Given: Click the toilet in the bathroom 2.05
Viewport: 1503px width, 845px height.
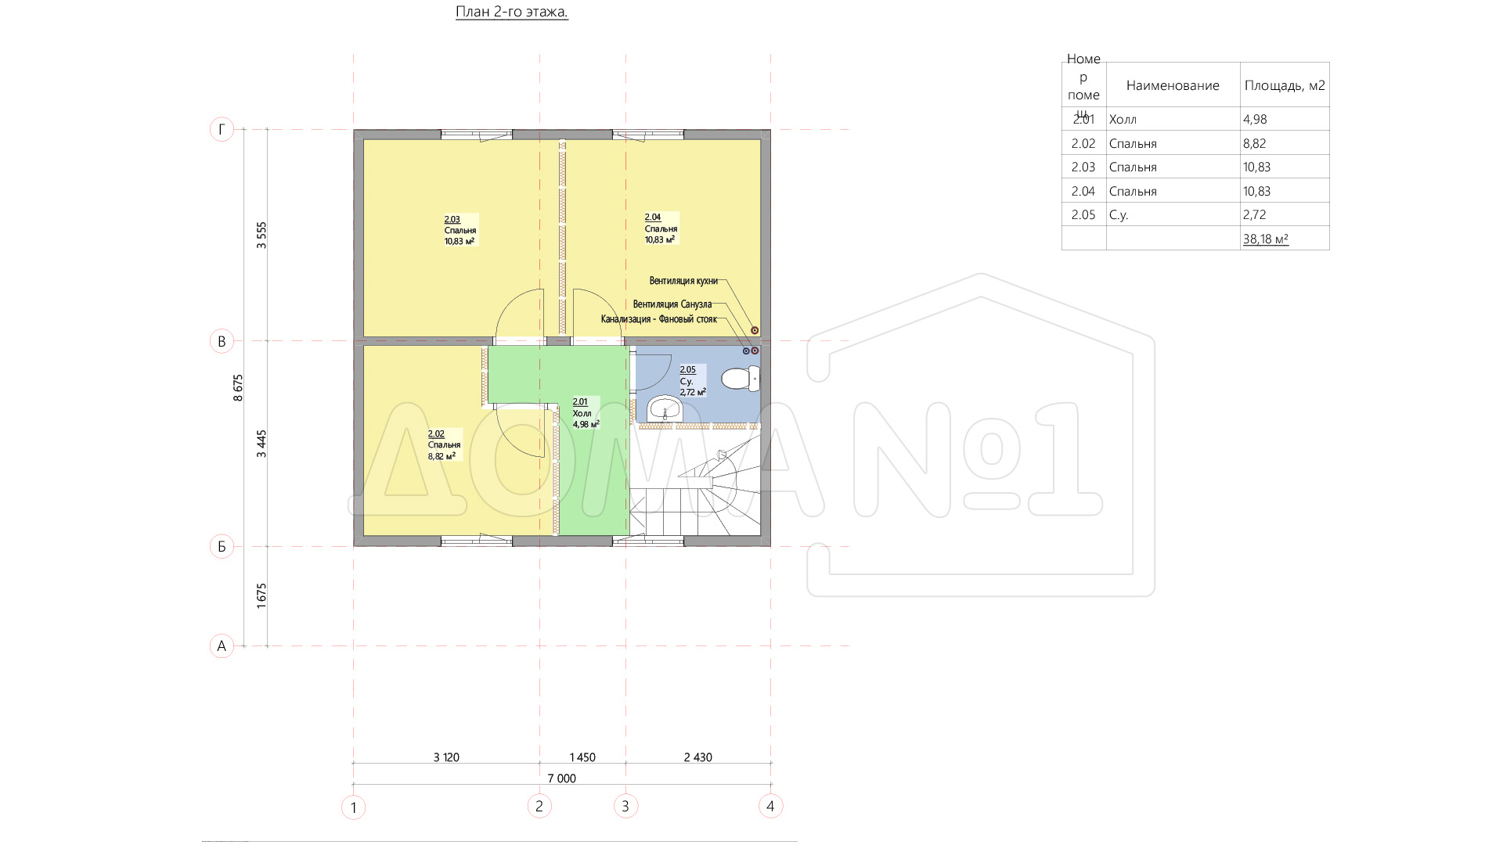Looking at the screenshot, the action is click(740, 379).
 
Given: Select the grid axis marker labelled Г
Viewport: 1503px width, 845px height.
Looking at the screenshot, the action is click(222, 129).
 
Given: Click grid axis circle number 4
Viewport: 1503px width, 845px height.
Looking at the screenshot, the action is click(770, 806).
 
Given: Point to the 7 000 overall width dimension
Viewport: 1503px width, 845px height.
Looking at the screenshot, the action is click(561, 778).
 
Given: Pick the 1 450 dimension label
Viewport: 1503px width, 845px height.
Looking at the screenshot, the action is click(582, 757).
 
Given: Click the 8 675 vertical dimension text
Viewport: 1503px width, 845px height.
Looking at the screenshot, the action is click(238, 388).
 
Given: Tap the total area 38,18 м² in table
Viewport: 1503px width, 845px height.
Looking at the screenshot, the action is click(1265, 239).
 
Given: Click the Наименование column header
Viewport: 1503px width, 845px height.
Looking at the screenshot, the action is click(1173, 85).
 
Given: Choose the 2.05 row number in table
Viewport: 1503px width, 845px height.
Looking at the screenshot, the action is click(1083, 214).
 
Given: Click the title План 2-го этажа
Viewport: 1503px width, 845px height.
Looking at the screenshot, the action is click(512, 12).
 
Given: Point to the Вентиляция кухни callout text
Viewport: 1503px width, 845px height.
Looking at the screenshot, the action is click(683, 281).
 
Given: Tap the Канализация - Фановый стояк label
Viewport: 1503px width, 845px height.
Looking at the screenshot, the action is click(659, 319).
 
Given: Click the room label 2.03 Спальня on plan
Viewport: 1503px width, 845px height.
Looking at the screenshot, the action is click(460, 230).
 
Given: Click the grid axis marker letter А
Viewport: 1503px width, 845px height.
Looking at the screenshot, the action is click(222, 645).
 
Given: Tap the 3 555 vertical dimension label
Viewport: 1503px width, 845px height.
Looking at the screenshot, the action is click(262, 236).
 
